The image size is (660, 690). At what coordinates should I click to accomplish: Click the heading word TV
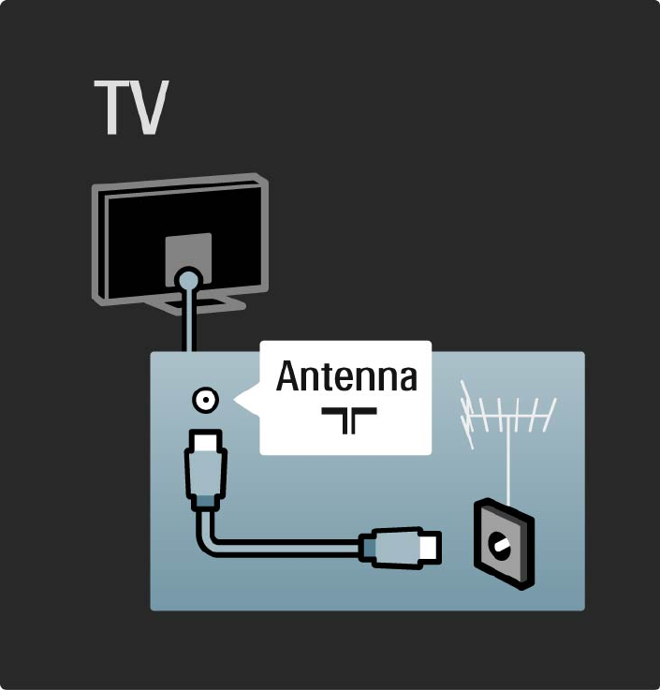tap(130, 109)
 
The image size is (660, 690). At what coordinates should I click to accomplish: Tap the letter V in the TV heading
tap(149, 109)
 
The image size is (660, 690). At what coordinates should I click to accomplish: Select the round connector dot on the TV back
tap(188, 278)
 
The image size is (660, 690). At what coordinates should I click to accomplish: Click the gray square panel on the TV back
tap(187, 253)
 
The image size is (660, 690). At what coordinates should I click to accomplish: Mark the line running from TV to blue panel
tap(188, 323)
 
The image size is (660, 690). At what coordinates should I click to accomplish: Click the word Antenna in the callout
tap(346, 378)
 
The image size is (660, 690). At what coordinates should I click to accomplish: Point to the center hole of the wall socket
tap(502, 544)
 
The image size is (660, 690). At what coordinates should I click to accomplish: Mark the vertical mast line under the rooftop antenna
tap(506, 468)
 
